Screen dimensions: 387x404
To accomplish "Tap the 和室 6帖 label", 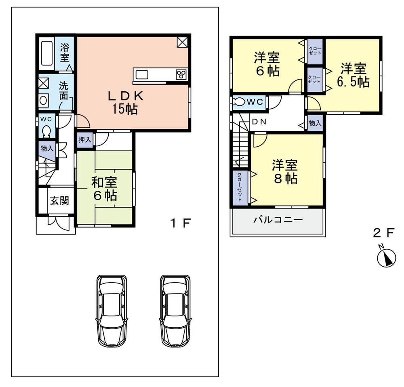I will click(104, 189).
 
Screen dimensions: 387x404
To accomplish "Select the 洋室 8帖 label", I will click(285, 172).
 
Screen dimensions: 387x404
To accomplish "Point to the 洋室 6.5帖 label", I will click(353, 75).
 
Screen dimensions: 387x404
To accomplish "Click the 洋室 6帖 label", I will click(267, 65).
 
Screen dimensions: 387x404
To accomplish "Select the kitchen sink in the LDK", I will click(143, 75).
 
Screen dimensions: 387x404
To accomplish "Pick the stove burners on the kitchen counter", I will click(181, 74).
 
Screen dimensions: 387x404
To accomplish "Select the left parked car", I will click(112, 310).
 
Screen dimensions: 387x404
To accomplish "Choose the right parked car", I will click(175, 310).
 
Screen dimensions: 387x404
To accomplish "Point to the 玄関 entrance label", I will click(59, 201).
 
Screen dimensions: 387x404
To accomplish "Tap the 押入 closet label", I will click(85, 140).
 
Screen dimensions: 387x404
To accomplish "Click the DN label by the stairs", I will click(259, 121).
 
